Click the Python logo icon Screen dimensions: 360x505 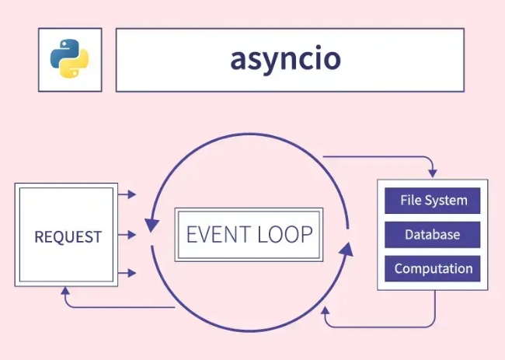click(69, 60)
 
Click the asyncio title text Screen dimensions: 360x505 click(285, 60)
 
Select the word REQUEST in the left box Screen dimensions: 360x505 click(68, 236)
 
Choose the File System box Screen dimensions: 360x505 click(434, 201)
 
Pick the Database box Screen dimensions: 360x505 click(434, 235)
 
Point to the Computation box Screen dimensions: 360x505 click(434, 269)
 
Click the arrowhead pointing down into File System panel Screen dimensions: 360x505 click(433, 171)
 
